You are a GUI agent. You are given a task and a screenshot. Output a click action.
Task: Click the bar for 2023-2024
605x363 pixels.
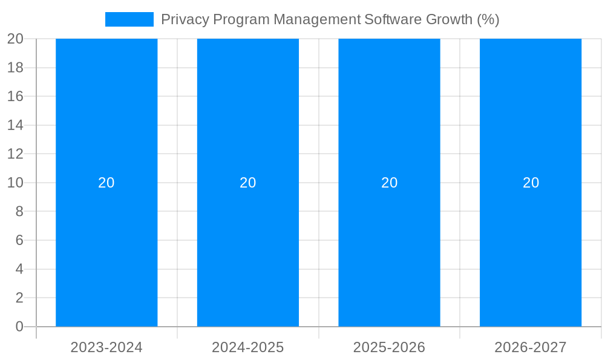click(x=106, y=121)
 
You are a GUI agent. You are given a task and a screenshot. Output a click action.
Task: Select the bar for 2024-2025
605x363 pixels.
click(x=248, y=121)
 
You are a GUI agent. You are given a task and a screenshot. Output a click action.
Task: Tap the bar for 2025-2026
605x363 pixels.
click(x=389, y=121)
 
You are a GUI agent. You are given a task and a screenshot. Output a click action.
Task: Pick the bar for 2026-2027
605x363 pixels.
click(x=531, y=121)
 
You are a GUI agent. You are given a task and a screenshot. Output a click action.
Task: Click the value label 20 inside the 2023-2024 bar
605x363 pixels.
click(x=106, y=183)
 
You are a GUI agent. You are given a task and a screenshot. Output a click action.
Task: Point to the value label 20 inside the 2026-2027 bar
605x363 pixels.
click(x=531, y=183)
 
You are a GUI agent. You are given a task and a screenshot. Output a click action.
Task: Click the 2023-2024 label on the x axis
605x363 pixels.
click(x=106, y=347)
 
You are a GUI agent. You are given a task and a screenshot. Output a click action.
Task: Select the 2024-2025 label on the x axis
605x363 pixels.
click(x=248, y=347)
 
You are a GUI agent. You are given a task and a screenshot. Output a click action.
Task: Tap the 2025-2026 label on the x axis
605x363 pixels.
click(x=389, y=347)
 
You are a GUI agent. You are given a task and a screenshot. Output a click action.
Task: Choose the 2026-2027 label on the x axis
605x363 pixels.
click(x=531, y=347)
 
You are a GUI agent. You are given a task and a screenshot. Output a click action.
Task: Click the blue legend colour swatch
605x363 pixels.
click(x=129, y=19)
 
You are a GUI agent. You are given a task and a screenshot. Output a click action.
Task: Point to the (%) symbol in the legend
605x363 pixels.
click(x=488, y=19)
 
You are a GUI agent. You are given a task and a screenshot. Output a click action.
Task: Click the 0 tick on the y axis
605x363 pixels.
click(x=19, y=327)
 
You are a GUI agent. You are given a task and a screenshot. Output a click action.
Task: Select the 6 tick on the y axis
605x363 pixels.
click(x=19, y=240)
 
